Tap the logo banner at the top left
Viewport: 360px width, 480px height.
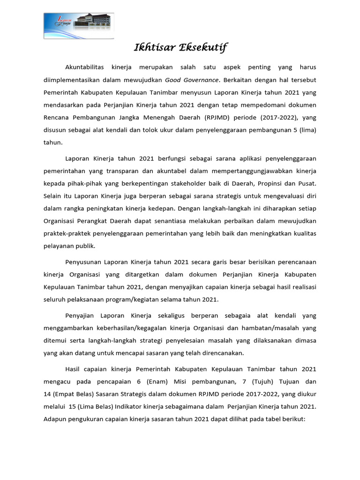coord(78,26)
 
